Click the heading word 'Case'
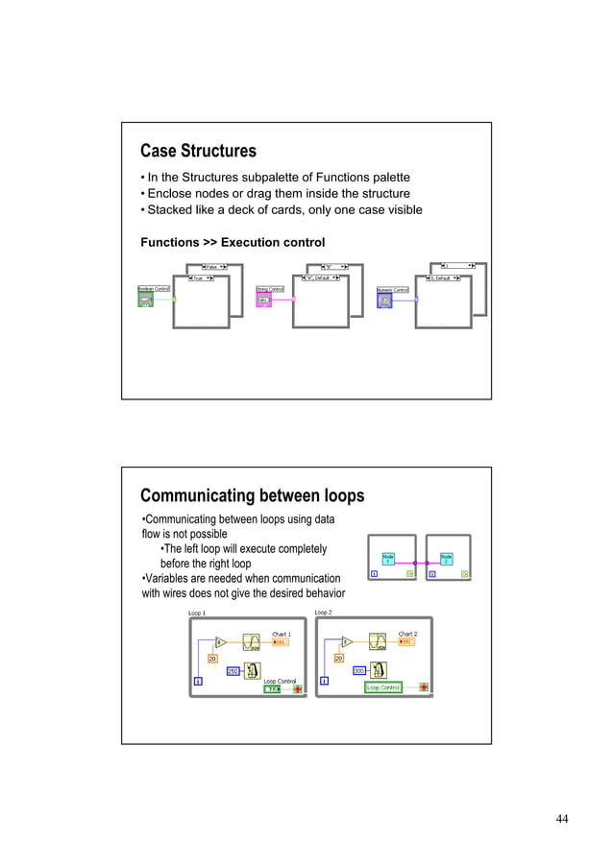click(x=159, y=151)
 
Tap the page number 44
click(x=562, y=818)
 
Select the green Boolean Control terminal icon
click(x=146, y=301)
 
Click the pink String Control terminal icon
click(x=264, y=301)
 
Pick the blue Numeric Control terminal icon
click(x=384, y=301)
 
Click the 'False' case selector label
click(x=212, y=267)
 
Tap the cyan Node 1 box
click(x=388, y=558)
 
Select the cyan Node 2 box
click(x=446, y=558)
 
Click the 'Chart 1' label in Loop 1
click(x=282, y=634)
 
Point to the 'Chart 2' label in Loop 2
click(x=407, y=634)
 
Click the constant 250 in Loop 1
click(x=233, y=671)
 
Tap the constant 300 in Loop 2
click(x=359, y=670)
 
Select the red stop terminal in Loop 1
click(x=298, y=688)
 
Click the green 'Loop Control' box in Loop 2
click(x=383, y=687)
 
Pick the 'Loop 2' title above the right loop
click(x=323, y=613)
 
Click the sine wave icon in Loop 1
click(x=252, y=642)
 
